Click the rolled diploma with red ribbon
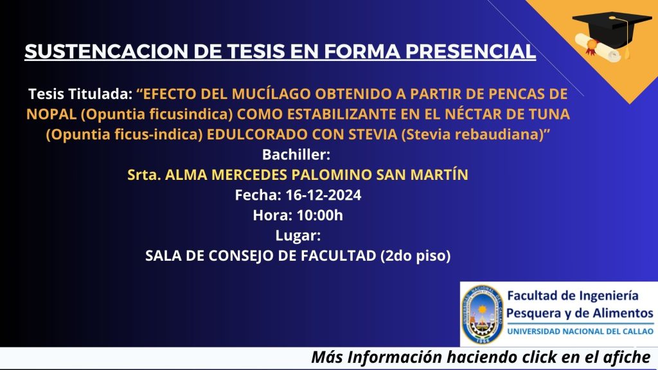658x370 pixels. (598, 48)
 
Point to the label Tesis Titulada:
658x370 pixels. (80, 94)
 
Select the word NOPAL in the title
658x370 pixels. (51, 114)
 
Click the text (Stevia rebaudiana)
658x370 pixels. (472, 134)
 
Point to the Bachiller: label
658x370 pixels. (296, 155)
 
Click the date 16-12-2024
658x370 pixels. (323, 195)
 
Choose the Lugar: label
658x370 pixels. (298, 235)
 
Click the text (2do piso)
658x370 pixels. (416, 256)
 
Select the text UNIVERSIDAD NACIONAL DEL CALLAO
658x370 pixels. (580, 331)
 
